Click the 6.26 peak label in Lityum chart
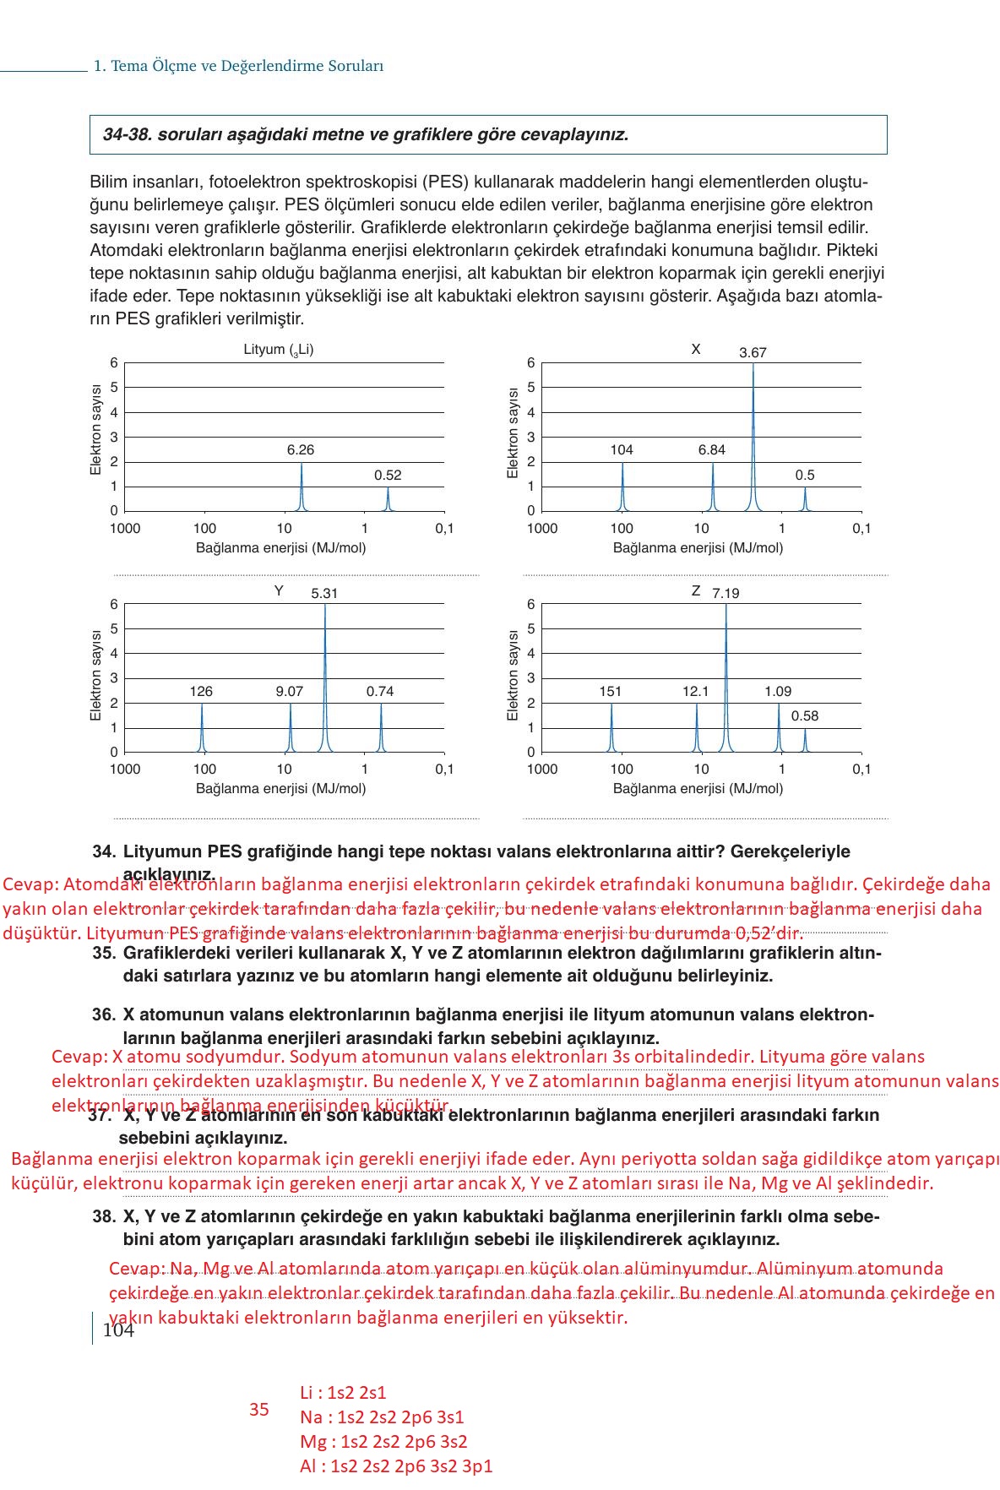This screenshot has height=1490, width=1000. point(300,450)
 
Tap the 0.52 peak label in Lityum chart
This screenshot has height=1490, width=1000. point(388,476)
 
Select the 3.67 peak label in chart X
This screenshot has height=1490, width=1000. point(753,353)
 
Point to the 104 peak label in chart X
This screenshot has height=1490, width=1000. point(622,450)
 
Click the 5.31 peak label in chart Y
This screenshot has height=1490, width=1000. point(324,594)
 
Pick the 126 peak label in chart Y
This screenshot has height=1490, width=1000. point(201,692)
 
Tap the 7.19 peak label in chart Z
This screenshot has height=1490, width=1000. point(726,594)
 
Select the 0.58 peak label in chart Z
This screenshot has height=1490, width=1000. point(804,716)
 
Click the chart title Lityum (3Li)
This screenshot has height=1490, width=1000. point(279,350)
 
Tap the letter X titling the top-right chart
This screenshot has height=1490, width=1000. point(696,350)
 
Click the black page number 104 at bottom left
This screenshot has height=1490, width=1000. point(117,1330)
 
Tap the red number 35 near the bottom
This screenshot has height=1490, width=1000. point(259,1410)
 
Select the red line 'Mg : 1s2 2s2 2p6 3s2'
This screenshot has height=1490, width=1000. point(383,1442)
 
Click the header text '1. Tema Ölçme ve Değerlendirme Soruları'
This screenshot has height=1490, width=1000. point(238,66)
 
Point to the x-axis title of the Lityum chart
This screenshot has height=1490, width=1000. point(280,548)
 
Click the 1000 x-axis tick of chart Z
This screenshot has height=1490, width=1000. point(541,769)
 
